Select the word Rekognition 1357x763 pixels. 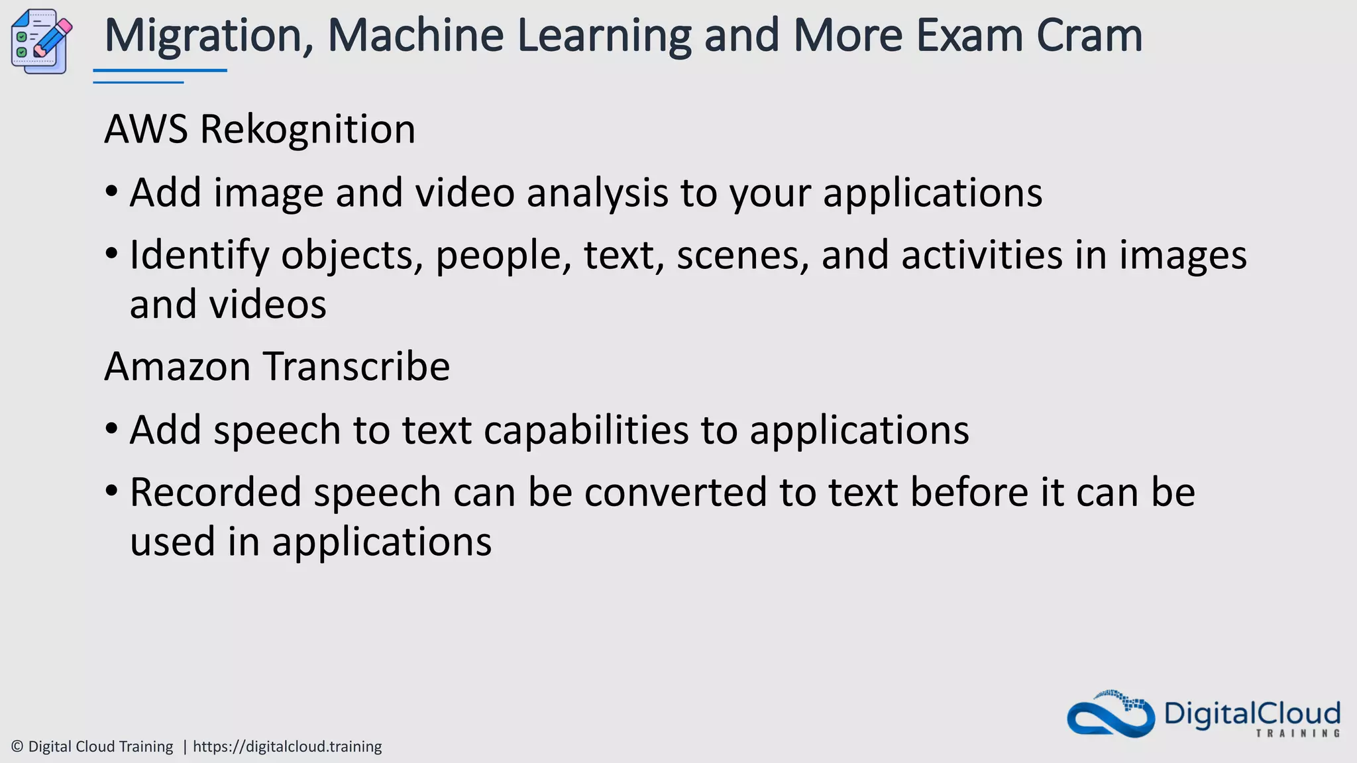[307, 128]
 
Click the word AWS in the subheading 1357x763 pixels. [146, 128]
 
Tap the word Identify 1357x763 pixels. [199, 255]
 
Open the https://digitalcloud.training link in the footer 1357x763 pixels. [287, 746]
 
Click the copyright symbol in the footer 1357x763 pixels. [18, 746]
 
